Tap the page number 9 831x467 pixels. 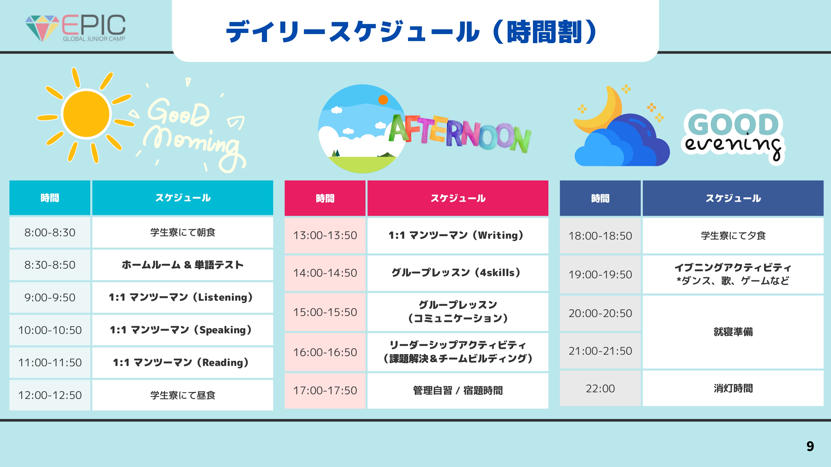point(810,446)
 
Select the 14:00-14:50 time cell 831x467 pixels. point(325,273)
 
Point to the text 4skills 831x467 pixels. point(497,273)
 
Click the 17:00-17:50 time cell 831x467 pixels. point(325,391)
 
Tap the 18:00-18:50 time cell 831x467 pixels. point(600,236)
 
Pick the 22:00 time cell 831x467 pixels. point(600,388)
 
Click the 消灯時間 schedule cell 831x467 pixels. point(733,388)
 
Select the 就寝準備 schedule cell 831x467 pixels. point(733,332)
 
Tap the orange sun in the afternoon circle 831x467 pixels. point(383,100)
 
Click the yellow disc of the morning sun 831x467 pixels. point(86,114)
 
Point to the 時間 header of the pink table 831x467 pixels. point(325,198)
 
